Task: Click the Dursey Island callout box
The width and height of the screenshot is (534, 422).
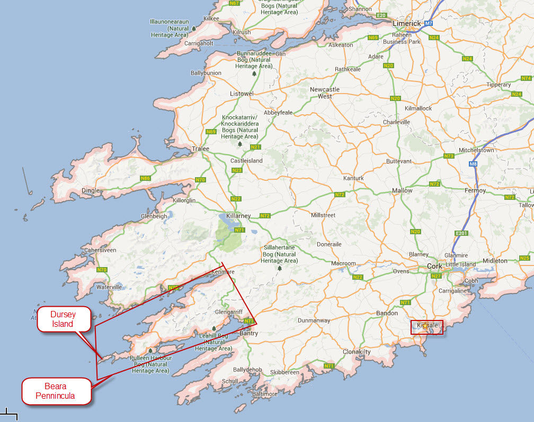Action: (63, 319)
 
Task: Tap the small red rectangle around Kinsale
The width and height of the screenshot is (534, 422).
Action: (427, 327)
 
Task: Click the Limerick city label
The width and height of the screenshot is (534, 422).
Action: (406, 24)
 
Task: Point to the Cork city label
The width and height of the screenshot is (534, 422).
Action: (434, 267)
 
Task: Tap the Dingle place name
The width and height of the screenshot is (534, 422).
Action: (91, 190)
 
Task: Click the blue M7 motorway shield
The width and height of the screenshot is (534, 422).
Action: (429, 24)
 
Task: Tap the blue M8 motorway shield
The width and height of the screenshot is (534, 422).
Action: (473, 164)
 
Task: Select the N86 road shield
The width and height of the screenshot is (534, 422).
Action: (146, 178)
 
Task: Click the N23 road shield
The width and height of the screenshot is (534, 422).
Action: (237, 170)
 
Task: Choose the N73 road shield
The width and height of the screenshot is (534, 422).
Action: (449, 156)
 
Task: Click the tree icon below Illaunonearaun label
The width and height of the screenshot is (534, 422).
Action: (194, 28)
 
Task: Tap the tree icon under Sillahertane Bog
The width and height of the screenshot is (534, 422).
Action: (279, 268)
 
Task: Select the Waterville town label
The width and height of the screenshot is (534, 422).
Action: (109, 287)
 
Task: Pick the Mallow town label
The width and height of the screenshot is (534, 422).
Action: (402, 190)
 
